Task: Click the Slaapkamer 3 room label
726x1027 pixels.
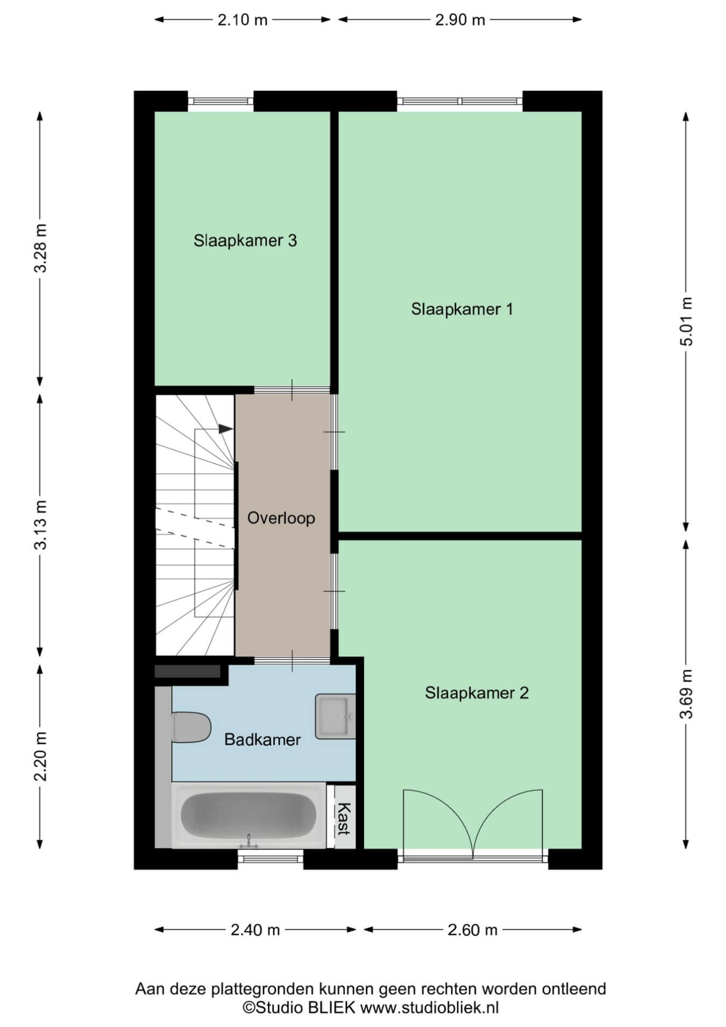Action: (245, 240)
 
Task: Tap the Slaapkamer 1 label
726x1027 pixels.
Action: (462, 309)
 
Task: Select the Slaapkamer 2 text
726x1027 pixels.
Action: (476, 692)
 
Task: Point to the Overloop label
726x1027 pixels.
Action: (281, 518)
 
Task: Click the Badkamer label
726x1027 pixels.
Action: (262, 740)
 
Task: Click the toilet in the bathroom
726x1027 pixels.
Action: (191, 727)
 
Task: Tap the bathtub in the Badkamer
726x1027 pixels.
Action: (248, 815)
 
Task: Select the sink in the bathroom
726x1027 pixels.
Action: (335, 716)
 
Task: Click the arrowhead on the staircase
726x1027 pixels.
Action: (226, 429)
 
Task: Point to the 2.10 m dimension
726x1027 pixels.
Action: (243, 20)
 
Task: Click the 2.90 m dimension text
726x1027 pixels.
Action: (460, 20)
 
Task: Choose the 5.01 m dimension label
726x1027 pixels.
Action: (686, 321)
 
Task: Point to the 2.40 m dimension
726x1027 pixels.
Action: (255, 930)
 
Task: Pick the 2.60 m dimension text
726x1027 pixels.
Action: (473, 930)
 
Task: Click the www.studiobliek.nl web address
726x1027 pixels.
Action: (430, 1008)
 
